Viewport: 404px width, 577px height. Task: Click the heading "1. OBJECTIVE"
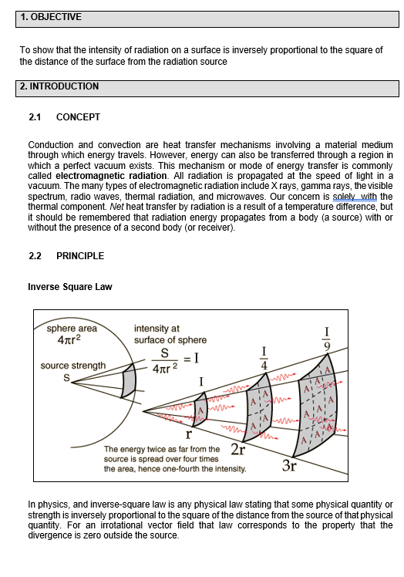coord(51,17)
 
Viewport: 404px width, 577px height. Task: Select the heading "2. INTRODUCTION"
coord(59,86)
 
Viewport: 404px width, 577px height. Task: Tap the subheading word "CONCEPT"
coord(78,117)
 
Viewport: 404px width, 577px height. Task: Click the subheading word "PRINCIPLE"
coord(80,256)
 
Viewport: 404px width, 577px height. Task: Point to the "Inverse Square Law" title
coord(70,287)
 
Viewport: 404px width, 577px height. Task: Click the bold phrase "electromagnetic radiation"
coord(111,176)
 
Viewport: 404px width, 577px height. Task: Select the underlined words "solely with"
coord(355,197)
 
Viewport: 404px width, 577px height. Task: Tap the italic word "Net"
coord(116,207)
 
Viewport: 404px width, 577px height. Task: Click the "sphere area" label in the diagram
coord(72,329)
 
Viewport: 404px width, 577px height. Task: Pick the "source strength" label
coord(72,366)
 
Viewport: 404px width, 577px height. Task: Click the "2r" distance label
coord(237,449)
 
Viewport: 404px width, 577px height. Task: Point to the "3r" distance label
coord(289,466)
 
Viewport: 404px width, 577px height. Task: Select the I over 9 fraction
coord(327,339)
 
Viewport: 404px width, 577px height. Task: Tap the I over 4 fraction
coord(264,358)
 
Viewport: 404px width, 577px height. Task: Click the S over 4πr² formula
coord(164,361)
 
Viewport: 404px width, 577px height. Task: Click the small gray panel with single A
coord(200,409)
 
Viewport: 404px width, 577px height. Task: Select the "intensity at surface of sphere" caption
coord(170,334)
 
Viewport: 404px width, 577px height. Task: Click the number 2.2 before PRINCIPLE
coord(35,256)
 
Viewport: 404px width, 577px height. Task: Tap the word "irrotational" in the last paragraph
coord(121,525)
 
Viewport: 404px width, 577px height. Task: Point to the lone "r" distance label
coord(188,434)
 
